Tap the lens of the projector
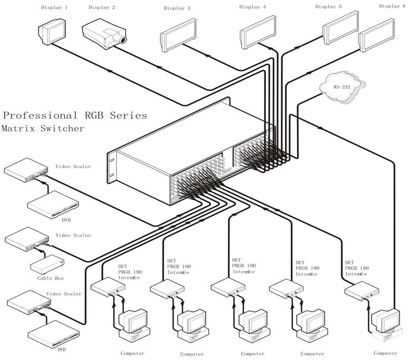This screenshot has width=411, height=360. point(122,40)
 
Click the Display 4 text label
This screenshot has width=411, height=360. point(253,7)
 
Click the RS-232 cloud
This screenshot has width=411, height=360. point(341,85)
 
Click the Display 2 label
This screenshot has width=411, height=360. point(102,7)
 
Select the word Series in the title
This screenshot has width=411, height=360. point(128,115)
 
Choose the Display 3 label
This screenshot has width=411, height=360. point(177,8)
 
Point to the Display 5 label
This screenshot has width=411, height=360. point(329,6)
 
